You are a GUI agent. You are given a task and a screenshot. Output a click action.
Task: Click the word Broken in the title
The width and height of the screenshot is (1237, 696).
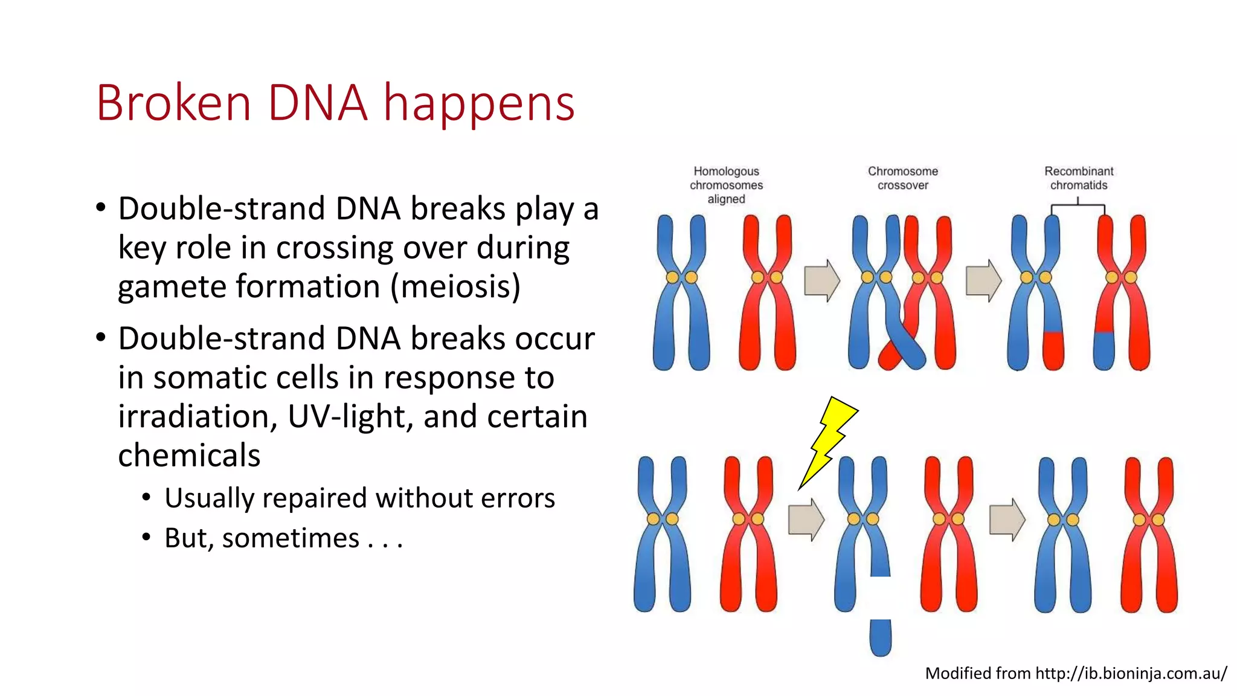[173, 103]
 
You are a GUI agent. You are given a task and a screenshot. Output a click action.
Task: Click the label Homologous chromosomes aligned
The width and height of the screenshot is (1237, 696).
[726, 185]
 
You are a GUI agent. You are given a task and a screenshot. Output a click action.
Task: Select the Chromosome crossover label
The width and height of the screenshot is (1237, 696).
[902, 178]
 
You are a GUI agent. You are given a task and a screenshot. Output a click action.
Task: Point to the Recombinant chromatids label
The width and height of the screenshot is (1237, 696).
[1079, 178]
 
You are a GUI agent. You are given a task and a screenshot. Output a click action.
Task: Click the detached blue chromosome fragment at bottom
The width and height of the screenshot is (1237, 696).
[880, 638]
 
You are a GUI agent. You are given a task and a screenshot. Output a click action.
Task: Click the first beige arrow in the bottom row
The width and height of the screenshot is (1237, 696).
[806, 520]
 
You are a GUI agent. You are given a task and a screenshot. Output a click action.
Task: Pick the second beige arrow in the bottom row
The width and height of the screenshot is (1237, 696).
[1007, 520]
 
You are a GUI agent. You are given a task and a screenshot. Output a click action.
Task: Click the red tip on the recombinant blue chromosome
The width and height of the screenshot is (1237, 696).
[1053, 351]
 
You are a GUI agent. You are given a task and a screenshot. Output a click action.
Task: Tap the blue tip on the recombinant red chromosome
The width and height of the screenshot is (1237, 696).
[1104, 351]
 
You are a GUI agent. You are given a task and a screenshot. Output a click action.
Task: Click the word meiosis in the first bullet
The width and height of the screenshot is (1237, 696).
[455, 286]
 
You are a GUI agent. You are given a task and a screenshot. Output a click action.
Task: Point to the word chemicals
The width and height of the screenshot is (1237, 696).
[189, 456]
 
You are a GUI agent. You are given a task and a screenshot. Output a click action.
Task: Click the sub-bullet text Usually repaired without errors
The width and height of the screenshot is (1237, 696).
[359, 498]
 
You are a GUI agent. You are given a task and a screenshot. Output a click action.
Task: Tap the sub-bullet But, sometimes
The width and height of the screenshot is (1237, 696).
[283, 538]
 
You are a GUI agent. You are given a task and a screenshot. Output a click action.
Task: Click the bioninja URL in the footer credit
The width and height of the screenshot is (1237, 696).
[1131, 673]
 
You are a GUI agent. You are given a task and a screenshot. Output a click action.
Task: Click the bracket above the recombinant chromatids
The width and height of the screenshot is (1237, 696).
[1078, 207]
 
